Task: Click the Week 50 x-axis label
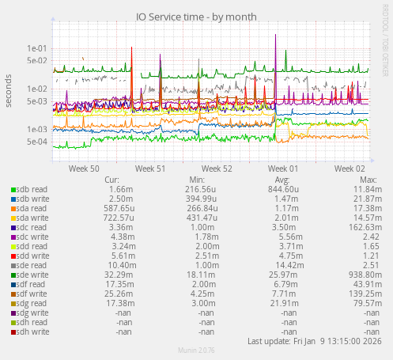(x=84, y=169)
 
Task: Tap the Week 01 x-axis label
(x=283, y=169)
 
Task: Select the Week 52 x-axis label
(x=217, y=169)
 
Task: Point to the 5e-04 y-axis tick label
(x=37, y=142)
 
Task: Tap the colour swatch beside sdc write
(x=13, y=237)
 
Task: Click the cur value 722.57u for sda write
(x=115, y=218)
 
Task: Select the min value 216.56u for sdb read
(x=201, y=189)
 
